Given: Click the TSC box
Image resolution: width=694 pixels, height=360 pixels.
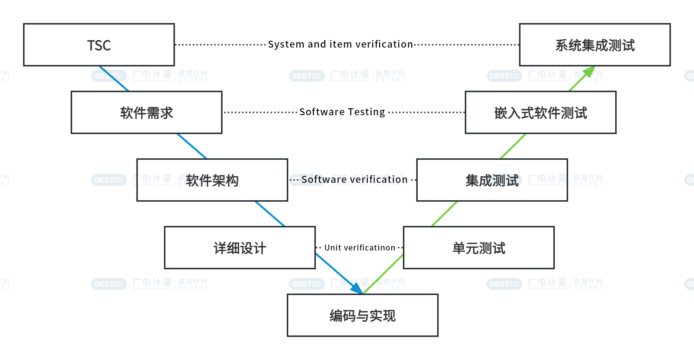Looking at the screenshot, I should coord(99,45).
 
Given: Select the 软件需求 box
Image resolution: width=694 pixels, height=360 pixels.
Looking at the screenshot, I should coord(146,112).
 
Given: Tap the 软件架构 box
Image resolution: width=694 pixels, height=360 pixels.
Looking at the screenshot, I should coord(212,180).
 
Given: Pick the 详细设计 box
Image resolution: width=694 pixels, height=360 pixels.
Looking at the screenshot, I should coord(240,248).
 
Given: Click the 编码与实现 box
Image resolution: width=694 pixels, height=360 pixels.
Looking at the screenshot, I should coord(362,315).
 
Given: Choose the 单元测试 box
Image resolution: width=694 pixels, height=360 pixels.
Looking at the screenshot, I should coord(479,248).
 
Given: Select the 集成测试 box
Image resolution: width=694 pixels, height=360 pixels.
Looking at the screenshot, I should coord(492,180).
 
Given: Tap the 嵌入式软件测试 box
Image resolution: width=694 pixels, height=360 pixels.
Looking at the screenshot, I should coord(540,112).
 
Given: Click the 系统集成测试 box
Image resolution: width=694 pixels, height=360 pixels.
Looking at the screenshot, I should coord(595,45).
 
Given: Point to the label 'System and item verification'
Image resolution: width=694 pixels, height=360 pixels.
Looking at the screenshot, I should coord(340,44).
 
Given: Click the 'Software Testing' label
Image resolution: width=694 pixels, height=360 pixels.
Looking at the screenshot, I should coord(342,112).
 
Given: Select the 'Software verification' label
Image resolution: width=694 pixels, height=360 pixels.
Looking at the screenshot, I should coord(354,179).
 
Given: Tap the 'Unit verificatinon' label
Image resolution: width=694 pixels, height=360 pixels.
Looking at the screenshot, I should coord(360,248).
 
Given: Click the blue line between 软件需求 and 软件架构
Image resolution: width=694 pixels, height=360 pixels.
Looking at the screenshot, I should coord(192,146).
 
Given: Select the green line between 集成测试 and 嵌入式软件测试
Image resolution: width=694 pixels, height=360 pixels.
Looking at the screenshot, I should coord(513,146).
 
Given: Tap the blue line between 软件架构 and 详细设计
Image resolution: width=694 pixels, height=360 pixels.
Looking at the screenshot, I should coord(270,214).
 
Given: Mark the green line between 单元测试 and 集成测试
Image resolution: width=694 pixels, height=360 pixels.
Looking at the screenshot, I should coord(445,214).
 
